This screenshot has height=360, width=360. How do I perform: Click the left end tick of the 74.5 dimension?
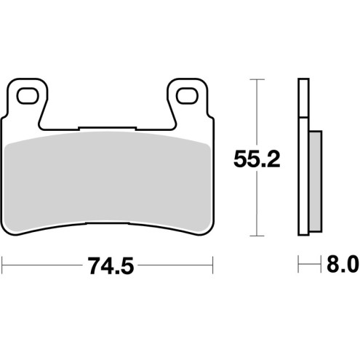click(3, 265)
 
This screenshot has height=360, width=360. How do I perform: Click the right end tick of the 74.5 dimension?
click(212, 265)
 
